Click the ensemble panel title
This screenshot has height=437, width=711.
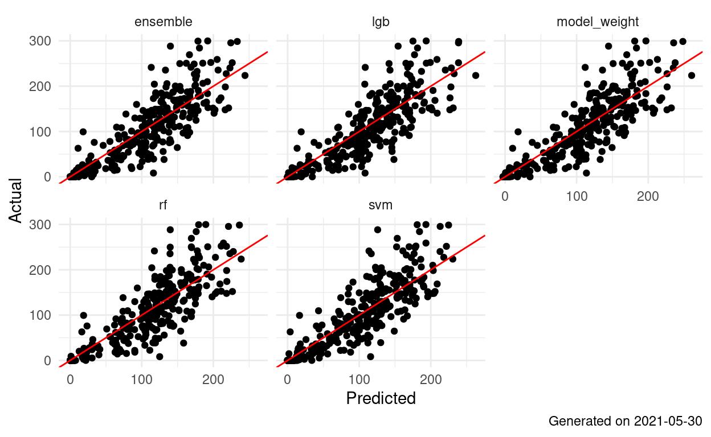pos(163,22)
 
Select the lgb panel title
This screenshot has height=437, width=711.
pos(381,22)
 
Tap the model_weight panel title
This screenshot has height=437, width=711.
pos(598,22)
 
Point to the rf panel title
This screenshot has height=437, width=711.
pos(163,206)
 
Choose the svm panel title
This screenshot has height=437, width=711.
pos(381,206)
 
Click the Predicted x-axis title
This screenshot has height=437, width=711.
pos(381,398)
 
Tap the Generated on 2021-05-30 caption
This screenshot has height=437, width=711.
pos(625,422)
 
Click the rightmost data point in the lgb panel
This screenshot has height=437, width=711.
pos(475,75)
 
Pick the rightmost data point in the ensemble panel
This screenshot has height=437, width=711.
pos(245,75)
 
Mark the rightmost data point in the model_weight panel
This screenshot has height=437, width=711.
pos(692,75)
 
